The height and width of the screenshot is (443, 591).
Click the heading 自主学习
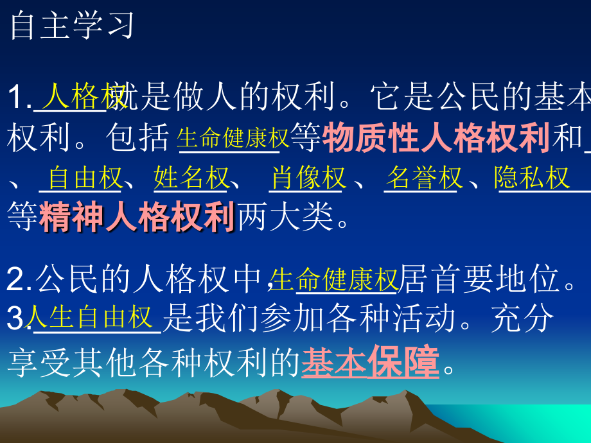71,26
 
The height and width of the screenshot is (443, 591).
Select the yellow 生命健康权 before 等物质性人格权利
233,137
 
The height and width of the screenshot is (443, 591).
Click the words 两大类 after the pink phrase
287,218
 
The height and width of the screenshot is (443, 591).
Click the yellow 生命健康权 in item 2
334,280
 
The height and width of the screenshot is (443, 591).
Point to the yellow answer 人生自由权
91,317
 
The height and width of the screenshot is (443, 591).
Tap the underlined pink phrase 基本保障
371,362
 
